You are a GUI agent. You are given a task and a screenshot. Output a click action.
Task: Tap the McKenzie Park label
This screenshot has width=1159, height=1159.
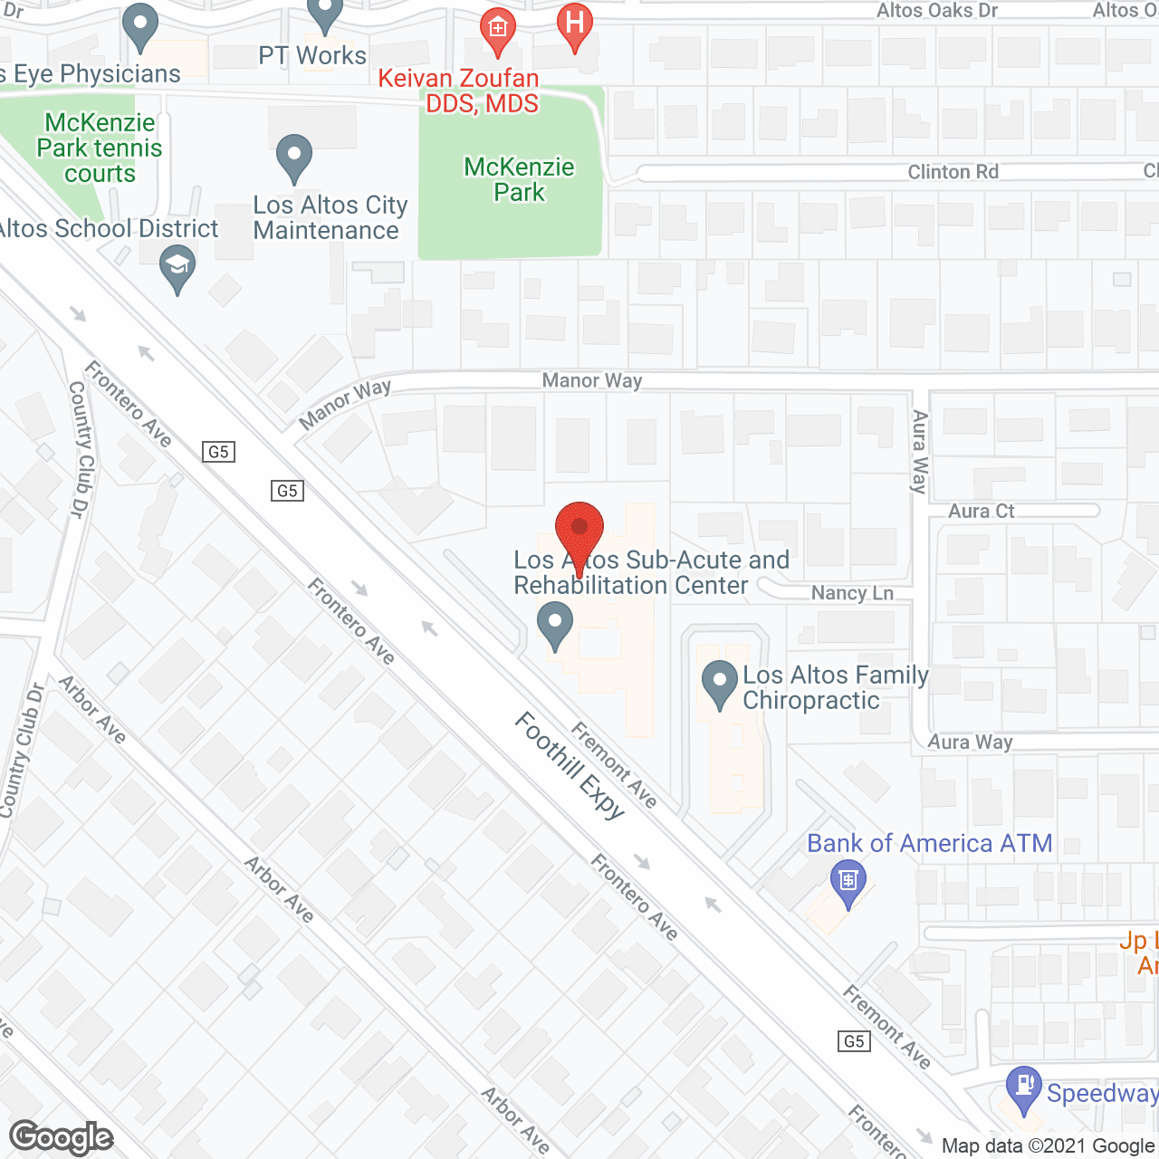tap(519, 179)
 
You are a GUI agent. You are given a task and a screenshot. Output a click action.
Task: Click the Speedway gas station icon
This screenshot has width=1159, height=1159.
tap(1024, 1089)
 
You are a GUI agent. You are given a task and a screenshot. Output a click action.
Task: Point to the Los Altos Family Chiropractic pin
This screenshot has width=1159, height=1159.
tap(720, 685)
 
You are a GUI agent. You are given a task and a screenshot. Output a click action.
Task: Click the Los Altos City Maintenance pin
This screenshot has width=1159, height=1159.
tap(293, 158)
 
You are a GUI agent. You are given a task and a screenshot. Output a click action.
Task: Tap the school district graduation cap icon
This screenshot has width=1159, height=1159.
tap(177, 269)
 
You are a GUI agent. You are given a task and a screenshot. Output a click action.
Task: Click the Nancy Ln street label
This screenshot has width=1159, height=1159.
tap(852, 593)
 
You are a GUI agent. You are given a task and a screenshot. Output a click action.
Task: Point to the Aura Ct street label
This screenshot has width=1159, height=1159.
tap(981, 511)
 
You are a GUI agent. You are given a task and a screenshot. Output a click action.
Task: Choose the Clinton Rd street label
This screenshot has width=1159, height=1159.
tap(953, 172)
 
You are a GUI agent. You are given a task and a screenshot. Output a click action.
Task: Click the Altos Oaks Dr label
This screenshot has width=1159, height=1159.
tap(936, 11)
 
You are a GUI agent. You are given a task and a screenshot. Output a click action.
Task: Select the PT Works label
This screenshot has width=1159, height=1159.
tap(312, 55)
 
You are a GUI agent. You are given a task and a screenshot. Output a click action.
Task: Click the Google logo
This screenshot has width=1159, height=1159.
tap(62, 1137)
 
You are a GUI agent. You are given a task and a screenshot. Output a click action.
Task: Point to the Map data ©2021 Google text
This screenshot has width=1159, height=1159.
tap(1049, 1146)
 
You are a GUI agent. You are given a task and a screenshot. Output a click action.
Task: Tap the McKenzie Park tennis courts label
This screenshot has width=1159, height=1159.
tap(100, 148)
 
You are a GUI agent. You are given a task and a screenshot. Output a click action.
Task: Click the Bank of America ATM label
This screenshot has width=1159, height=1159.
tap(929, 843)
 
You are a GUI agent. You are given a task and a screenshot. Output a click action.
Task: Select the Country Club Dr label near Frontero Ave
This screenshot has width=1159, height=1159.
tap(81, 448)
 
